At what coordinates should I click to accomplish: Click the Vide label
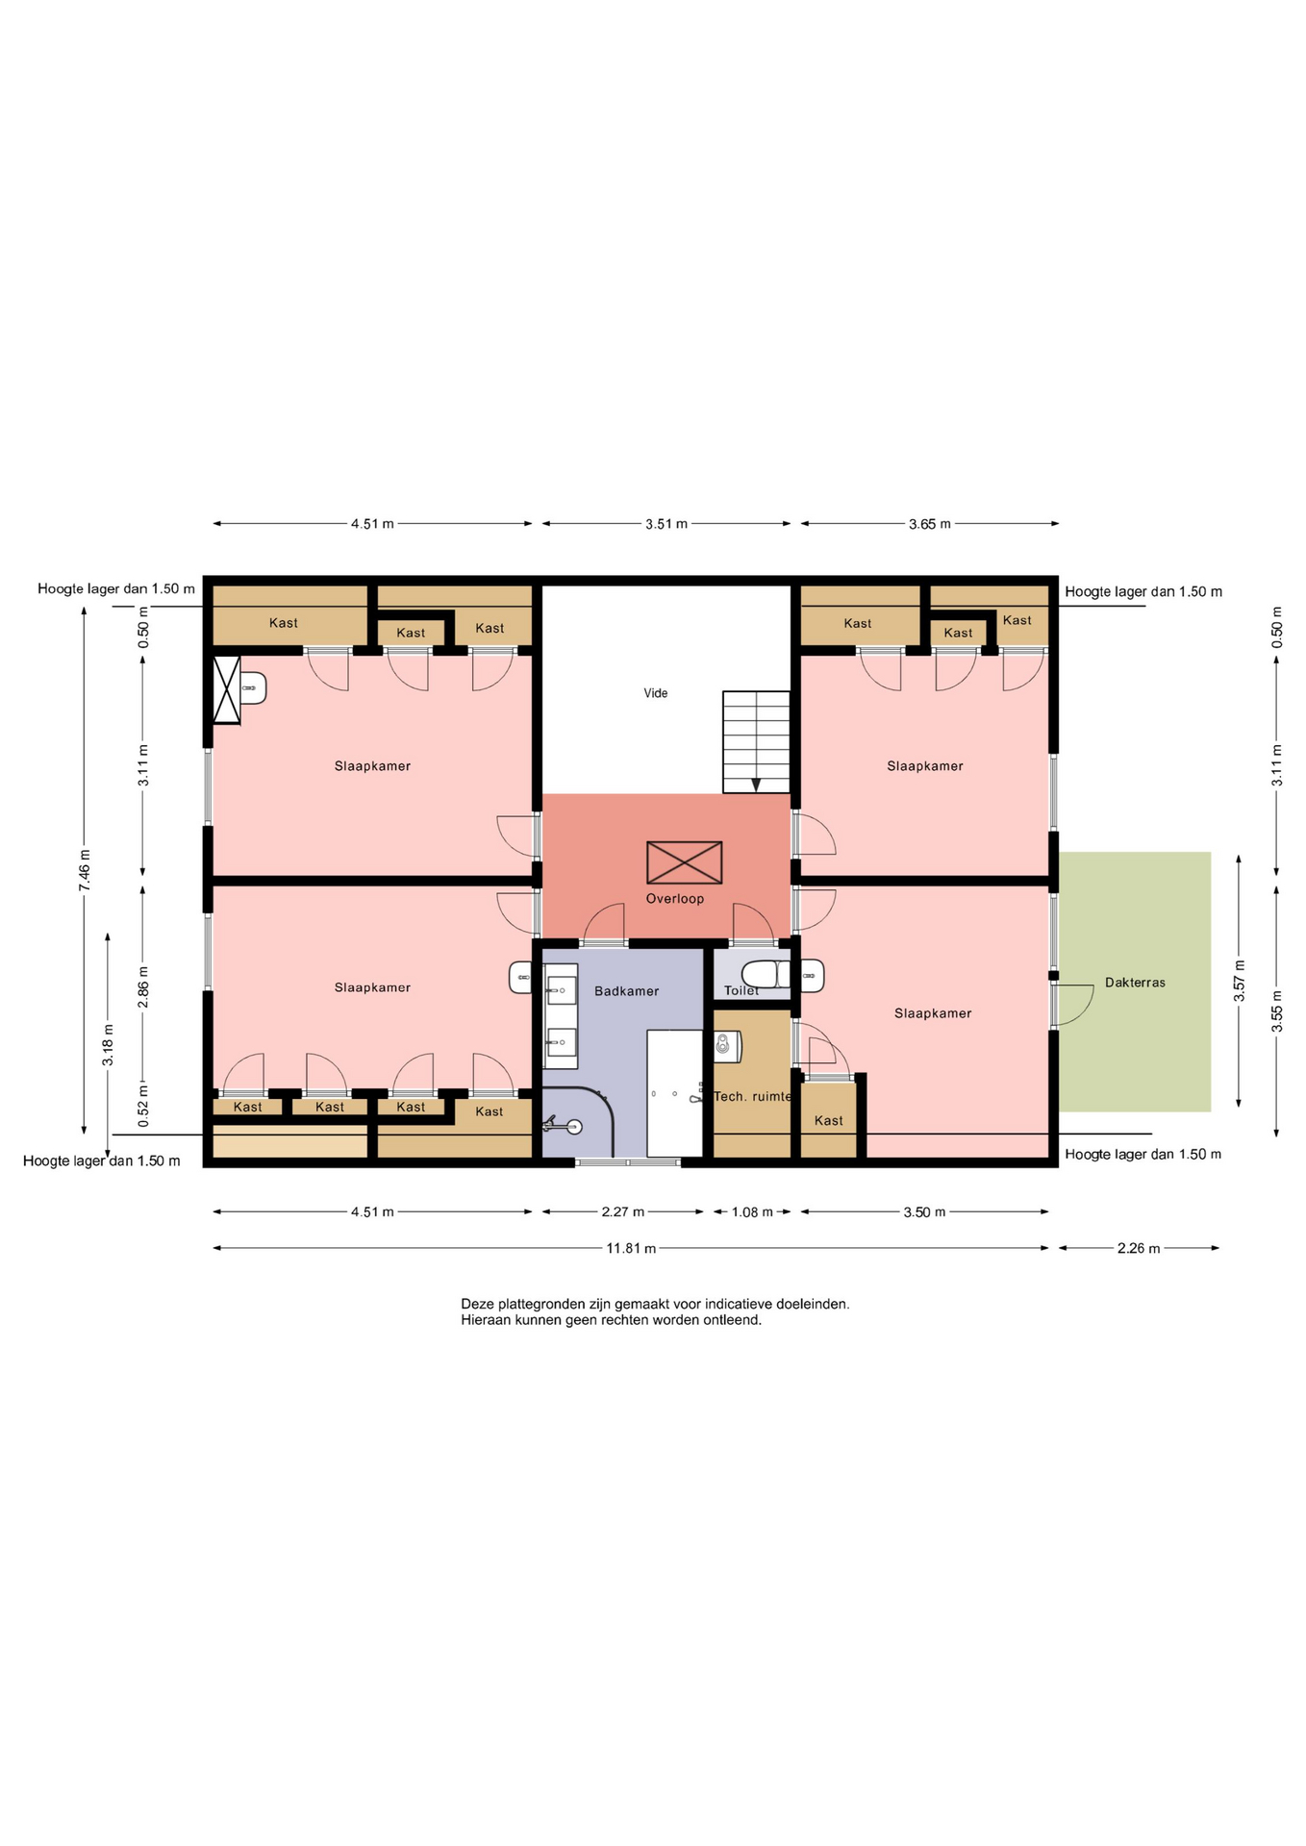tap(656, 693)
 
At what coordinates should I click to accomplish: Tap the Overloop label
tap(675, 899)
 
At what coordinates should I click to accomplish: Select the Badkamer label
tap(627, 991)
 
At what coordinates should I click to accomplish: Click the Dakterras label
tap(1135, 983)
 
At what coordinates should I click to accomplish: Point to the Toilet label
tap(741, 990)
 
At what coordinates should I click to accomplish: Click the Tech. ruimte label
tap(752, 1096)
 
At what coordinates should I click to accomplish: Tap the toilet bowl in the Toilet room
tap(766, 973)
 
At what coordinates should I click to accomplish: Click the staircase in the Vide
tap(757, 742)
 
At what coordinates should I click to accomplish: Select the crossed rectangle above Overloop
tap(685, 862)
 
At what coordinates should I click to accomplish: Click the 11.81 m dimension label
tap(631, 1249)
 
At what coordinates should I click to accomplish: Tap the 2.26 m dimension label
tap(1139, 1249)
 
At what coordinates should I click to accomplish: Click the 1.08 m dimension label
tap(752, 1212)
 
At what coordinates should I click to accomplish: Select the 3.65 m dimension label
tap(930, 524)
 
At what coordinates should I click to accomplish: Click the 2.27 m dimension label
tap(623, 1212)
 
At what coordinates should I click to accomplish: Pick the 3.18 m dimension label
tap(109, 1045)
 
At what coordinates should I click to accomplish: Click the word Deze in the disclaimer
tap(477, 1305)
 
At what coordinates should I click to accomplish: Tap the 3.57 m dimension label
tap(1240, 982)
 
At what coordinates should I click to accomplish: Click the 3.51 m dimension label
tap(666, 524)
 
